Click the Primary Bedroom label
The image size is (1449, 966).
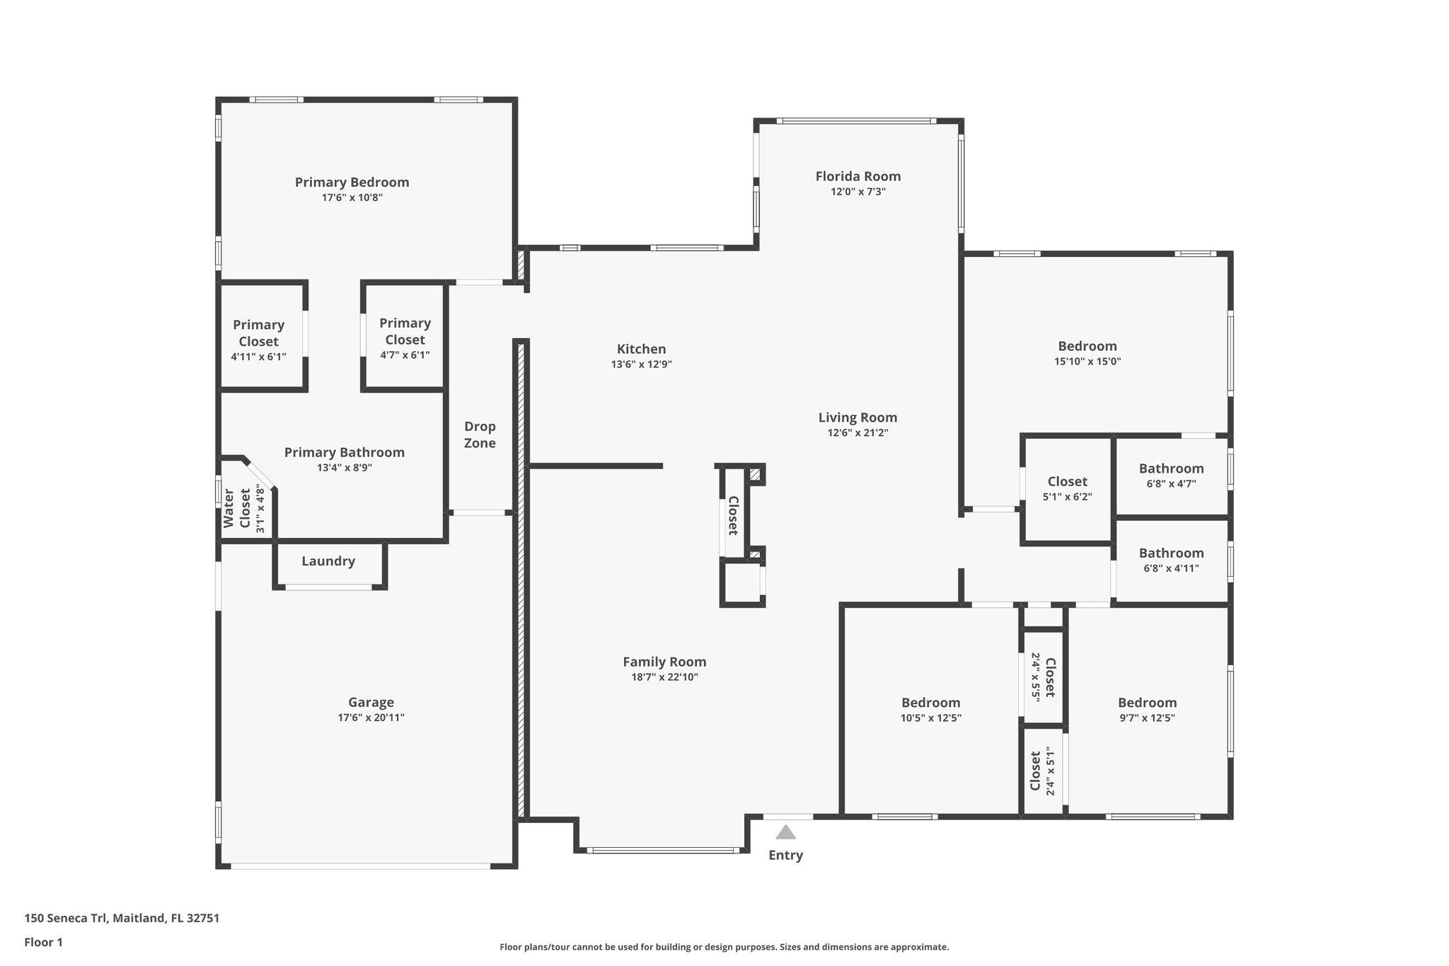(x=352, y=182)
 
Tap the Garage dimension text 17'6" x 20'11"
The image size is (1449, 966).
(x=371, y=718)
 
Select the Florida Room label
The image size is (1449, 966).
(x=858, y=176)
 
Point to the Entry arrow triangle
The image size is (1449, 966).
(x=785, y=832)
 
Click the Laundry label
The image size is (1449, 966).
(x=328, y=561)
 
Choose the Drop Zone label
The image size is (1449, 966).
(x=480, y=435)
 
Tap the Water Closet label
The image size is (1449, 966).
(x=236, y=508)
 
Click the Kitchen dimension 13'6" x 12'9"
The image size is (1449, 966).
(x=641, y=364)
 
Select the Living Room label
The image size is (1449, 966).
(x=858, y=418)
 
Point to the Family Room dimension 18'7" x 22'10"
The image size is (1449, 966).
(x=664, y=677)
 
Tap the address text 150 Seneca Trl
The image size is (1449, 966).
(x=66, y=918)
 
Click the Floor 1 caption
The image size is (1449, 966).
(x=43, y=942)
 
